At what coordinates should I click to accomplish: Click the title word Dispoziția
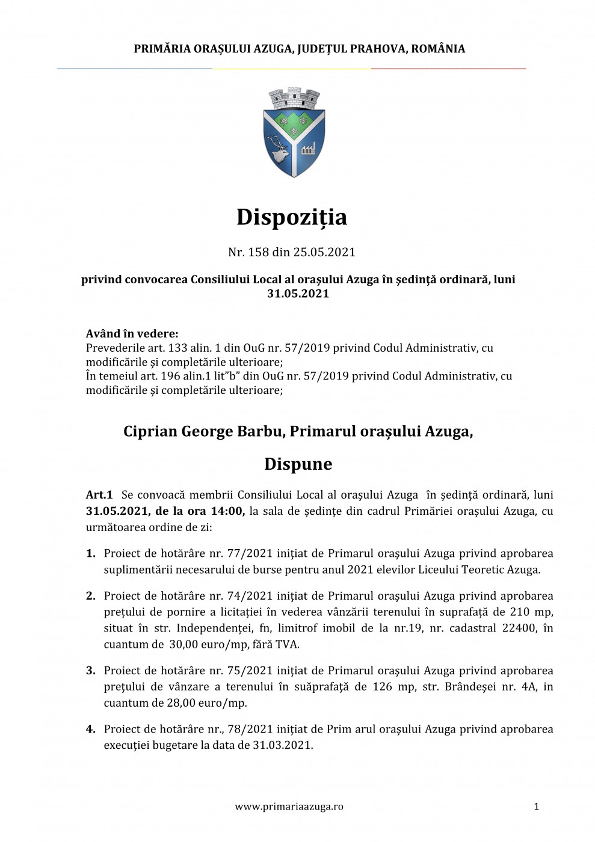coord(292,217)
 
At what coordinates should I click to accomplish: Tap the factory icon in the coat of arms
coord(309,148)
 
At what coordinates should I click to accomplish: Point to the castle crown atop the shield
coord(294,97)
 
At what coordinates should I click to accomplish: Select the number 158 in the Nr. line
coord(259,252)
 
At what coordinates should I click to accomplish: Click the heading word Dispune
coord(298,464)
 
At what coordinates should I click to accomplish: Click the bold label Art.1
coord(99,495)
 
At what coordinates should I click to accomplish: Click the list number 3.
coord(91,671)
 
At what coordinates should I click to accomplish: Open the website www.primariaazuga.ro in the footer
coord(289,807)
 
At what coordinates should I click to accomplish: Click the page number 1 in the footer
coord(536,807)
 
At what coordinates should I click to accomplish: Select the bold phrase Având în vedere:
coord(132,334)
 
